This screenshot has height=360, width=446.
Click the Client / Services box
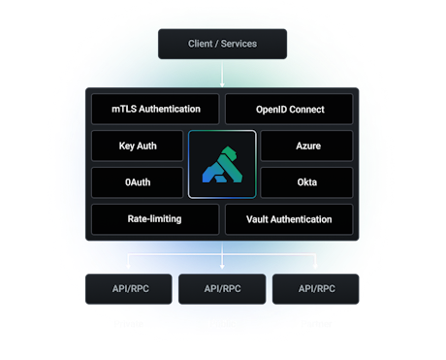tap(222, 44)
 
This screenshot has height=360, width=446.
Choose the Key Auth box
tap(136, 147)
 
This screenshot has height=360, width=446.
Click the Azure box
tap(308, 147)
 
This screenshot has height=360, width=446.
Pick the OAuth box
tap(136, 181)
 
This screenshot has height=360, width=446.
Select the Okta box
tap(308, 181)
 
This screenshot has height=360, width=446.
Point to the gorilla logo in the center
tap(222, 164)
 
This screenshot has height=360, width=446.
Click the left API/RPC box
tap(129, 288)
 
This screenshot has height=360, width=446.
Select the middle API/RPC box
tap(222, 288)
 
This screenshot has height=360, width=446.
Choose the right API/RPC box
tap(315, 288)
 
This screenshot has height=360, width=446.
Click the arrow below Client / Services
tap(222, 75)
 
